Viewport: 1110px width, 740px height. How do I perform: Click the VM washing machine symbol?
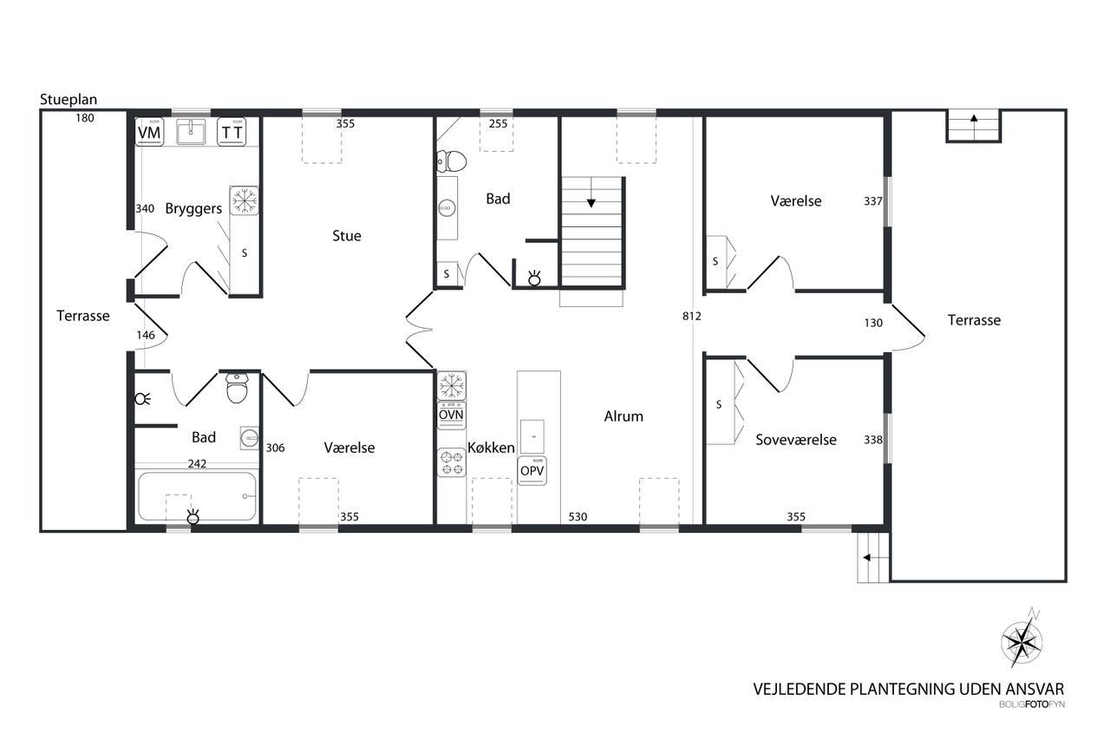point(149,132)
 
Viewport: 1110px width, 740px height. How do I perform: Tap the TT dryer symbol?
point(232,132)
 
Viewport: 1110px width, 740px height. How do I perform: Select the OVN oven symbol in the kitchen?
point(451,416)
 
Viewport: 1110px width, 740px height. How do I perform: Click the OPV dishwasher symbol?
point(532,471)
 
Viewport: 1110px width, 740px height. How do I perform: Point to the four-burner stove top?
point(451,462)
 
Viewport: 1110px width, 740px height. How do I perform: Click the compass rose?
point(1022,641)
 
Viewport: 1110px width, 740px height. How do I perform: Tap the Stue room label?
point(346,235)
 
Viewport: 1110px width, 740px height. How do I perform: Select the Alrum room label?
point(624,416)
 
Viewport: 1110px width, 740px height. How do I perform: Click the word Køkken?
point(491,448)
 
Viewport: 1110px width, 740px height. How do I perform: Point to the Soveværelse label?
point(796,440)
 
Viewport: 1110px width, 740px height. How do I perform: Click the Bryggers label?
point(193,209)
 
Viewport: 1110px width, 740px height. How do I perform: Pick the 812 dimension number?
point(691,317)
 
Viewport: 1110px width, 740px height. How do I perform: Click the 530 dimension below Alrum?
point(578,517)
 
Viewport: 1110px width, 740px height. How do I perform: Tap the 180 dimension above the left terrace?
point(85,118)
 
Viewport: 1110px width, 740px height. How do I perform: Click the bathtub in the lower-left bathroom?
point(197,496)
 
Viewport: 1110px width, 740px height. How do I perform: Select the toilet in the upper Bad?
point(452,161)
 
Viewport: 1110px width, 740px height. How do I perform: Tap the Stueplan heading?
point(69,100)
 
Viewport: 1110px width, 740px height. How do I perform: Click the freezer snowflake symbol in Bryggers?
point(245,201)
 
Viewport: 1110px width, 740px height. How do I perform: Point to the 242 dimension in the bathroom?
point(197,464)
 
